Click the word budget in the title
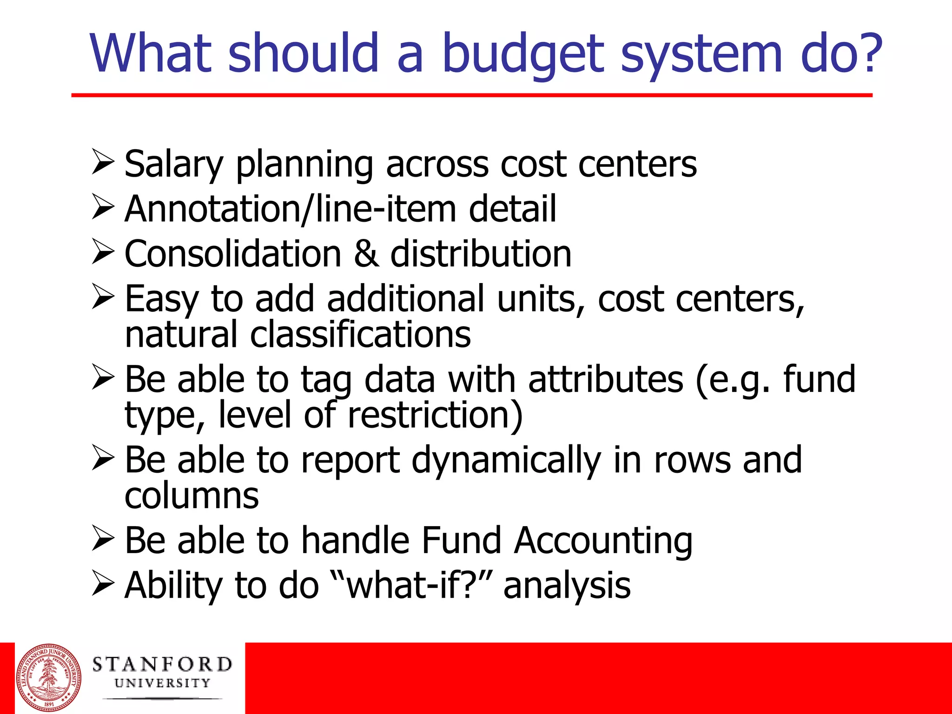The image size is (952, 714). point(523,55)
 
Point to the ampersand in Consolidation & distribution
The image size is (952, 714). point(366,254)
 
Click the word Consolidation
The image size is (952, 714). point(233,254)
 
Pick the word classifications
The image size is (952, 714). point(360,335)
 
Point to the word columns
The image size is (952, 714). point(192,496)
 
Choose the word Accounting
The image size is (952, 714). point(603,541)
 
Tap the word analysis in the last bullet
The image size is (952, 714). point(567,585)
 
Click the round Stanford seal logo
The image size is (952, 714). point(48,678)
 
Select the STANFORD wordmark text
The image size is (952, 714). point(162,664)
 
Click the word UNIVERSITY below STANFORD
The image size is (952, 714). point(162,683)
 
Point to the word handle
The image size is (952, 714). point(355,540)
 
